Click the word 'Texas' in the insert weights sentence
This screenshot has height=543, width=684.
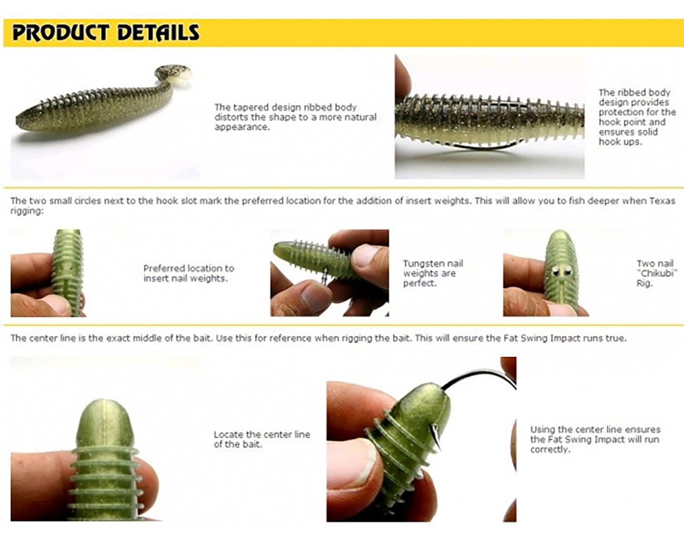coord(661,200)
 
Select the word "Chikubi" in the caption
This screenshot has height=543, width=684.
coord(656,273)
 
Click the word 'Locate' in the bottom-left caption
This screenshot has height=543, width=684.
coord(228,435)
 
